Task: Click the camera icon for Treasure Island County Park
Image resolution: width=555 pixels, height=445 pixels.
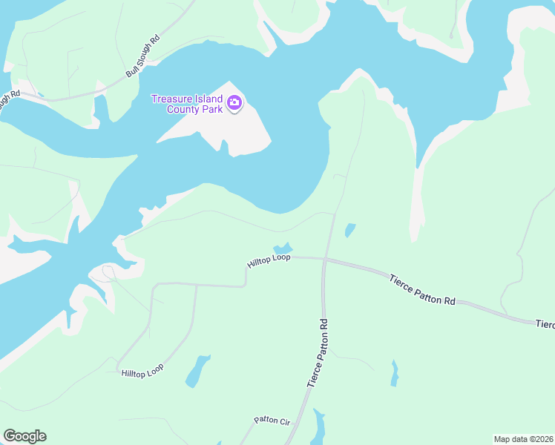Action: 234,103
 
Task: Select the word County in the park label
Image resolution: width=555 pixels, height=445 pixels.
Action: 180,109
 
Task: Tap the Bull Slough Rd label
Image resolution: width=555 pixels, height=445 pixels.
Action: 143,56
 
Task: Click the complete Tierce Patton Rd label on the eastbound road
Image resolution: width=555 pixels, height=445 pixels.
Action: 422,289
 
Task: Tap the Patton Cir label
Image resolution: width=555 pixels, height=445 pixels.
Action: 271,420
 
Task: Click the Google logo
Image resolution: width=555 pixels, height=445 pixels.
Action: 24,436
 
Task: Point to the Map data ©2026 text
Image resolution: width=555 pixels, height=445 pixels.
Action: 523,439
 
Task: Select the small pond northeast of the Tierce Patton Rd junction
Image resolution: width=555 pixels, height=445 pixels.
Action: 349,231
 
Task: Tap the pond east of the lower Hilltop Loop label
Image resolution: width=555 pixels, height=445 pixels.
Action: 197,371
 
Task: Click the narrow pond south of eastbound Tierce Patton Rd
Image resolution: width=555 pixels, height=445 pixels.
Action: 394,374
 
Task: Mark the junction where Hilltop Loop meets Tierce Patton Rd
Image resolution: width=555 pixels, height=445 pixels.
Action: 325,259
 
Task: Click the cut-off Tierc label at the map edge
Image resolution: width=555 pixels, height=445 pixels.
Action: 545,324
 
